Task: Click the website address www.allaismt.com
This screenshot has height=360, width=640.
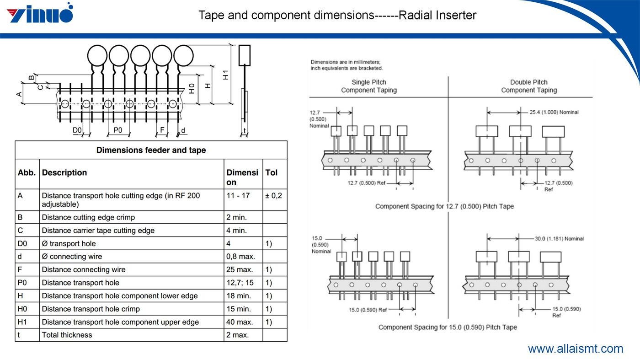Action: pos(576,349)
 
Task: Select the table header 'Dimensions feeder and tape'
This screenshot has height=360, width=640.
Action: pos(151,150)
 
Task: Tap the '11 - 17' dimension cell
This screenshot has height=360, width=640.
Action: pos(238,196)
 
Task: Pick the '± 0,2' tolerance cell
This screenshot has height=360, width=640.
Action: pos(273,196)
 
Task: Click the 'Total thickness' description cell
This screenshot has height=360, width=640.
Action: pos(67,335)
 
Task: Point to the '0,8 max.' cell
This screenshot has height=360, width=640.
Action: pos(240,257)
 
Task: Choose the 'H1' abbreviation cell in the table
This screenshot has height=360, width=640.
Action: pos(22,322)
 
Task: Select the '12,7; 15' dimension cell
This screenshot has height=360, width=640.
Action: pos(240,283)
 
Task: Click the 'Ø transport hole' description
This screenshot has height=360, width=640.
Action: pos(69,244)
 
